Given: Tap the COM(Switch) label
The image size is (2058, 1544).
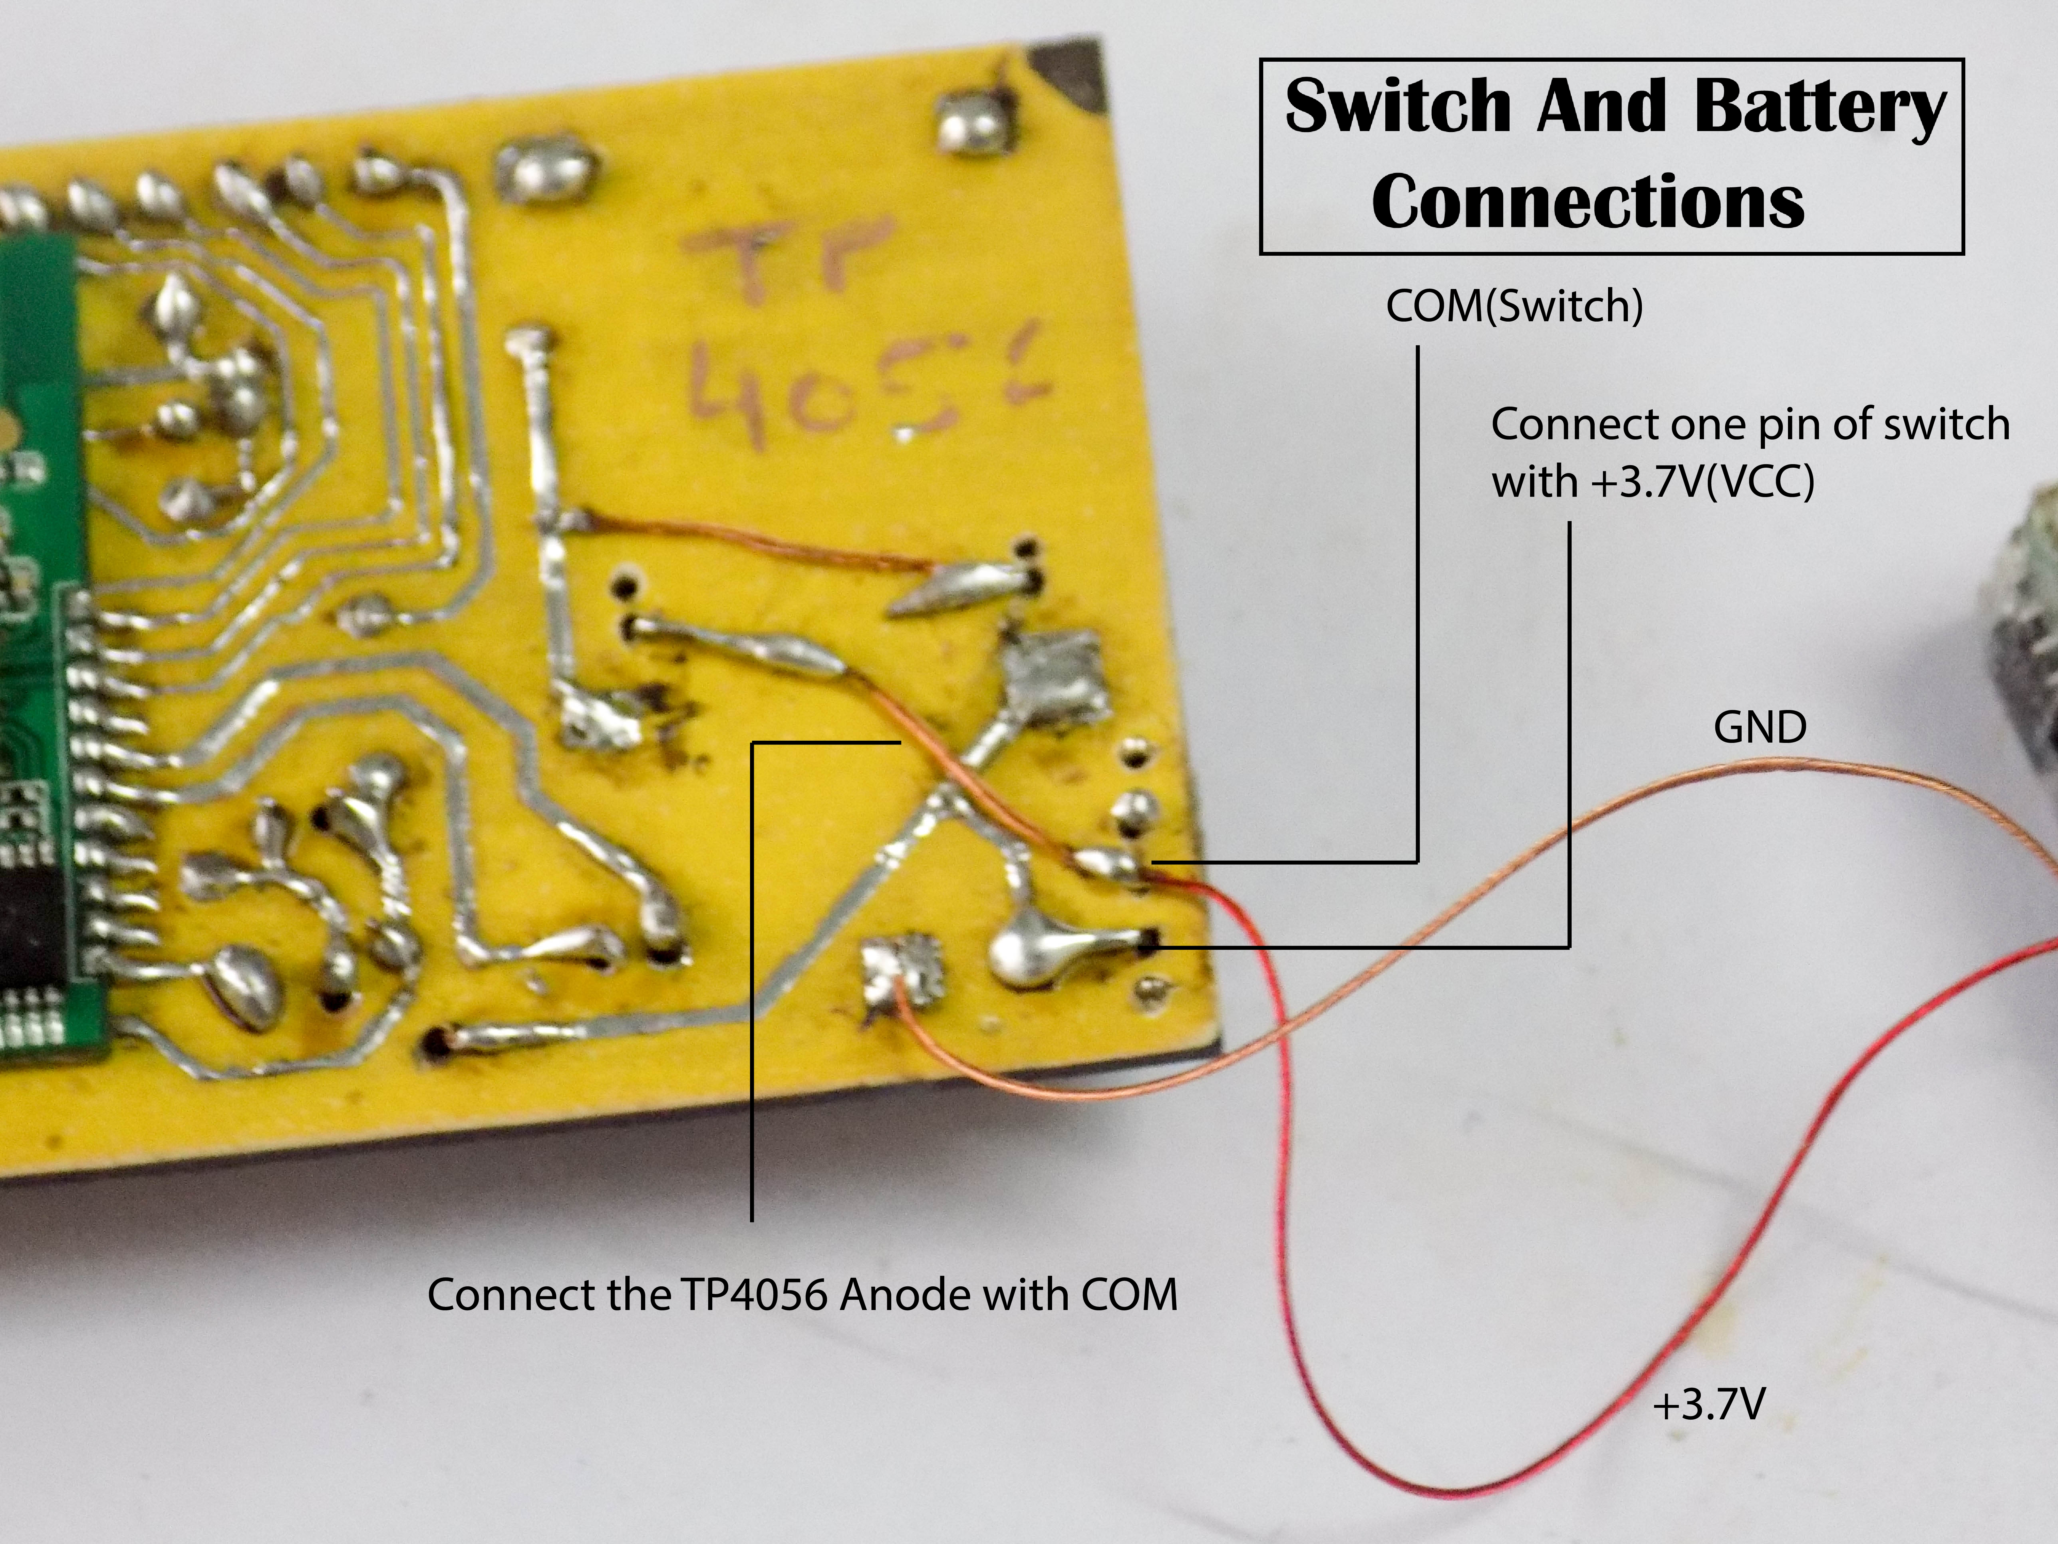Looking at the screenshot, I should point(1514,306).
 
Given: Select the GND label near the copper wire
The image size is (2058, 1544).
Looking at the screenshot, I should point(1759,727).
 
